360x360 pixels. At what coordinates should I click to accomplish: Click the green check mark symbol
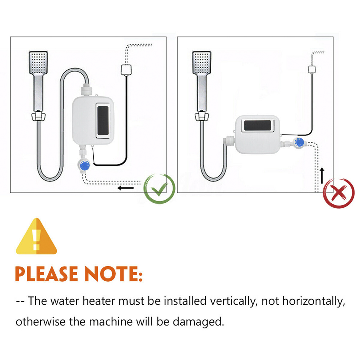point(159,189)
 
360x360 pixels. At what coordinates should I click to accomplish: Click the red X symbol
point(339,193)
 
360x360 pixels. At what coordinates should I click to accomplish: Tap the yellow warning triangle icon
point(36,236)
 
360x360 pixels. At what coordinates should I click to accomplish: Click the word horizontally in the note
point(314,301)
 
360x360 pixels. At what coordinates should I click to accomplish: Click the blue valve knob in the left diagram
point(85,166)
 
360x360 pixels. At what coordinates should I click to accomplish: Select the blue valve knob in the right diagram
point(299,143)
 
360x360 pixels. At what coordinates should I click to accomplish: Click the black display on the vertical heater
point(103,121)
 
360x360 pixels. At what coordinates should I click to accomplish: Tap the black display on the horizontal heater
point(258,126)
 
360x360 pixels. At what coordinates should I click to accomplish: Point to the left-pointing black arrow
point(125,188)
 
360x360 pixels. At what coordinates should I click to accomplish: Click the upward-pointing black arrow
point(322,176)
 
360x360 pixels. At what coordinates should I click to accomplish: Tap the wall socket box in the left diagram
point(126,70)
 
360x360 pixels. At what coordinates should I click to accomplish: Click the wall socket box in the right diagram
point(312,70)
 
